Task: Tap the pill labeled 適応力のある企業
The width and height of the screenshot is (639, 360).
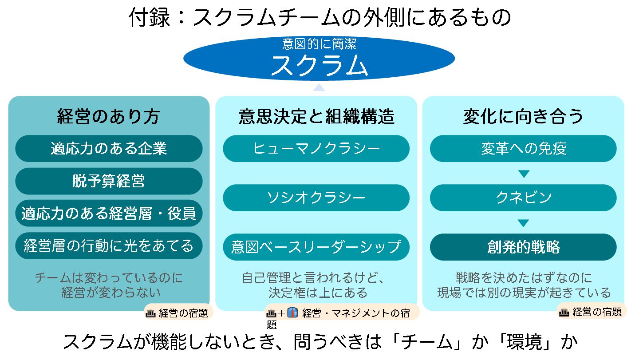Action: click(109, 148)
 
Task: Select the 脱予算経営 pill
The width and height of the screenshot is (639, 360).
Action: click(109, 181)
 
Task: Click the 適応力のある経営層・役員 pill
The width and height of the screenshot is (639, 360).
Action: click(109, 214)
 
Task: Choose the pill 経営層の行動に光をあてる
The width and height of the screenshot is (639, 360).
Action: click(109, 246)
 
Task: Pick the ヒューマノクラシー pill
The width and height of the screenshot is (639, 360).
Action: click(316, 148)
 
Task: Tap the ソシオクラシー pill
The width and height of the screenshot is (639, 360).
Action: click(316, 198)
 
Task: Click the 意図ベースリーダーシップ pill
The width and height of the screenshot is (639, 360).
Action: click(316, 247)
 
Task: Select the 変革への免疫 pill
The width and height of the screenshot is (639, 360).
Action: click(523, 148)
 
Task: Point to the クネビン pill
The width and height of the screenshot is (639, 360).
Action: click(523, 198)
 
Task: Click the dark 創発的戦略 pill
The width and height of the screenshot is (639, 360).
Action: click(523, 247)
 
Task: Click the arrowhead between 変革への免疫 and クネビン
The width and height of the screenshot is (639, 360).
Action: click(524, 174)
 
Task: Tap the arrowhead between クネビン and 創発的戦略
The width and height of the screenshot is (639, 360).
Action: click(524, 223)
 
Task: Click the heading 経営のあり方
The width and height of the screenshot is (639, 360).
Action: click(109, 117)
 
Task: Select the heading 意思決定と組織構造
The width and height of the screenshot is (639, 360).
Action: click(316, 117)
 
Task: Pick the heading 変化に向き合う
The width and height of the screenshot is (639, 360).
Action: click(523, 117)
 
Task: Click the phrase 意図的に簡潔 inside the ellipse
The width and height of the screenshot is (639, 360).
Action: click(319, 44)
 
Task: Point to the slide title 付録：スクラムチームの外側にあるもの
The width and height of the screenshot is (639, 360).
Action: click(319, 18)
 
